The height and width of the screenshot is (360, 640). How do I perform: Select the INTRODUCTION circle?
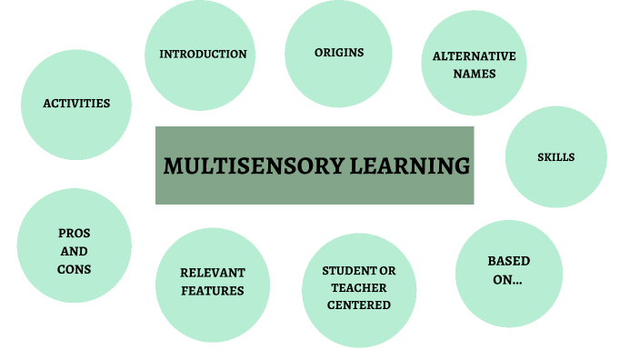[203, 55]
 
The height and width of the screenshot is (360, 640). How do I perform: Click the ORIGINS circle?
[339, 53]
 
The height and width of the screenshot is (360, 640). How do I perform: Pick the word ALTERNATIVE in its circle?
[474, 56]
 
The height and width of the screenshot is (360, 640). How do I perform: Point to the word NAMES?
[474, 74]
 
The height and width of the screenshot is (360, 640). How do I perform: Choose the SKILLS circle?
[555, 157]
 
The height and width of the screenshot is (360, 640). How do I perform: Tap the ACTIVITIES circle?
[76, 104]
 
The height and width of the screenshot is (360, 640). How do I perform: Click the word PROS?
[75, 234]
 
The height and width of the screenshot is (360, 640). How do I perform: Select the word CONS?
[75, 269]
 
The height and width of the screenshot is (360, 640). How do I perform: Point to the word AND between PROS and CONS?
[75, 252]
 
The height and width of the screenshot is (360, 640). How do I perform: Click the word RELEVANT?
[212, 273]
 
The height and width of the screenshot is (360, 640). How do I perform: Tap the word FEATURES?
[212, 291]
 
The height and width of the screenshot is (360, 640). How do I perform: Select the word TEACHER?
[359, 288]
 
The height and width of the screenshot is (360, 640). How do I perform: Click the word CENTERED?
[359, 305]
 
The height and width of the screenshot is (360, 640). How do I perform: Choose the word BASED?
[508, 262]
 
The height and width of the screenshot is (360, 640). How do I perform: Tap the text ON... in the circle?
[508, 281]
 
